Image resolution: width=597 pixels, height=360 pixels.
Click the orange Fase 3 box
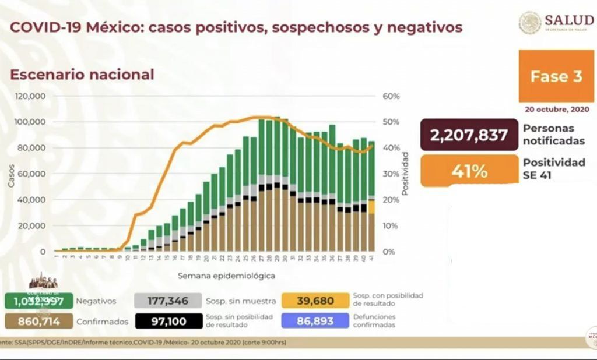[556, 76]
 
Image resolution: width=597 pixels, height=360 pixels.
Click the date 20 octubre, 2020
[556, 110]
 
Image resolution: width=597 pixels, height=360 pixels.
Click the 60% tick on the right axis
[391, 96]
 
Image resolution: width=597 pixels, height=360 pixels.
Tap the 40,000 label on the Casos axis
[34, 200]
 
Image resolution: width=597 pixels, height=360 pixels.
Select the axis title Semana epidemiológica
[226, 275]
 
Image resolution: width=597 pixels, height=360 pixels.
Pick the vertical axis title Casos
[11, 174]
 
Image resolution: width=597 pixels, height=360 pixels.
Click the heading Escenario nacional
[82, 75]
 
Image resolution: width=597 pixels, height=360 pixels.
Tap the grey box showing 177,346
[168, 301]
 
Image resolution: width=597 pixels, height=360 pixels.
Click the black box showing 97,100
[168, 320]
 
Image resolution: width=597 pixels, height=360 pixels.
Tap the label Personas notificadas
[549, 134]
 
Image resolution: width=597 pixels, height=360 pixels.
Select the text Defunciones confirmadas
[374, 320]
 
